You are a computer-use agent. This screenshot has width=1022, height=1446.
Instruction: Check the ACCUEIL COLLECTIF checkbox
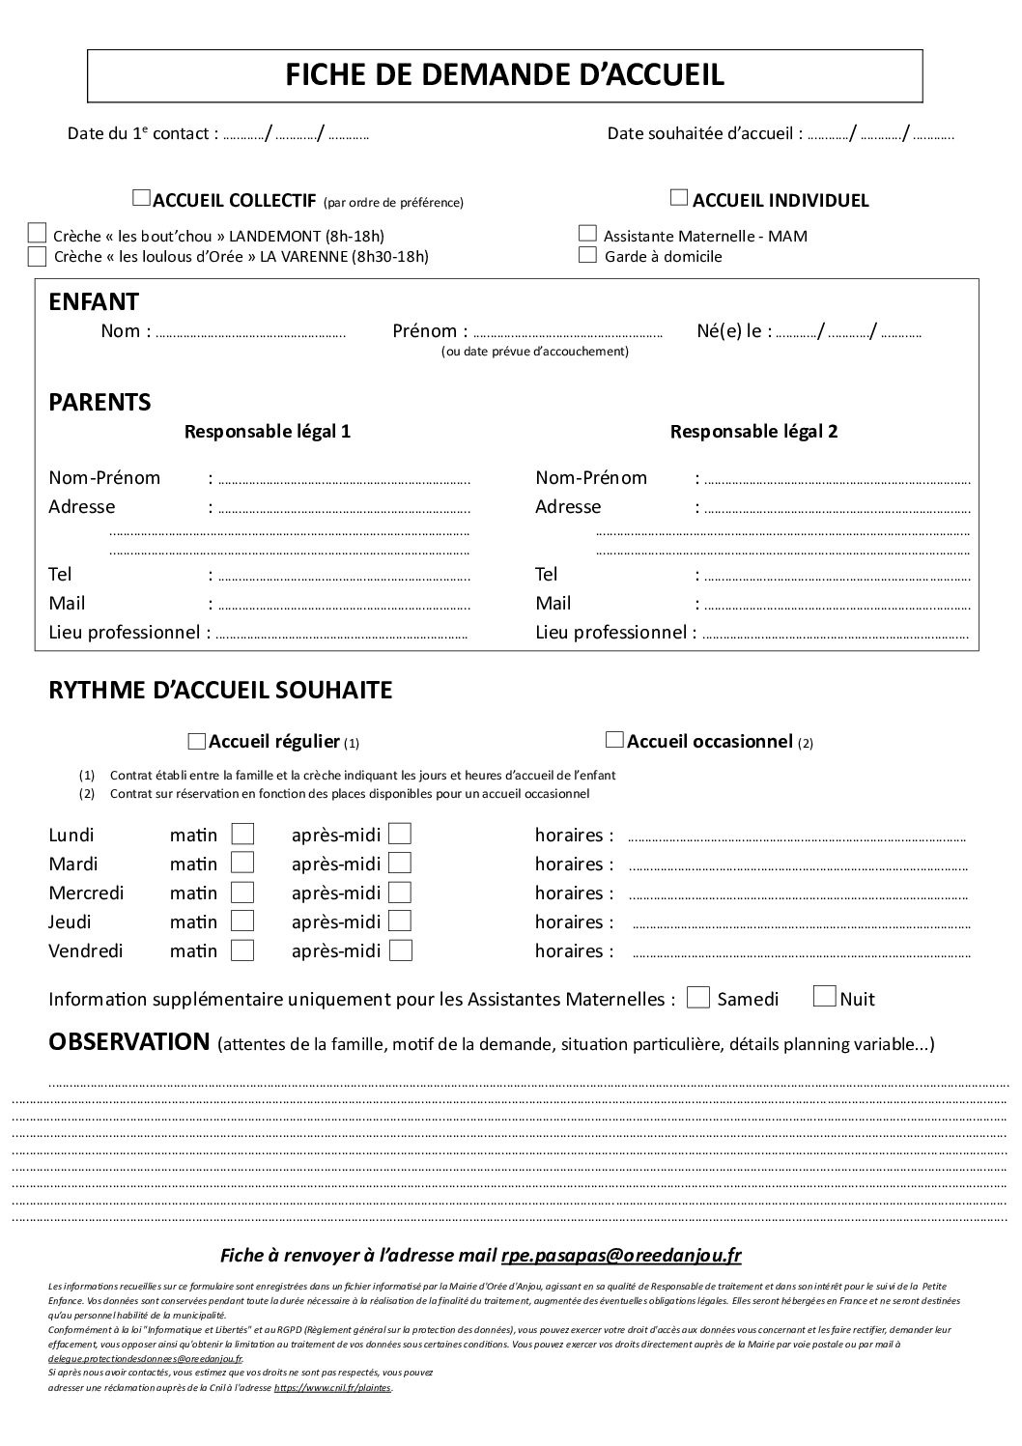pos(141,199)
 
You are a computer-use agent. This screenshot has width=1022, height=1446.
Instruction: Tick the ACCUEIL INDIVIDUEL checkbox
pos(679,198)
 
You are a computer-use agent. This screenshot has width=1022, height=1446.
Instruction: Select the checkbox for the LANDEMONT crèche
pos(38,233)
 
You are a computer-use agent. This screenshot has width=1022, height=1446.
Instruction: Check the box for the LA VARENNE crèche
pos(38,256)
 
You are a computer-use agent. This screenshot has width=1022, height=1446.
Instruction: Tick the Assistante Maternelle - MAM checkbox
pos(587,234)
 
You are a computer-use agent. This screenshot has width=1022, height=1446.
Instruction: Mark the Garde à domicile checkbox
pos(587,255)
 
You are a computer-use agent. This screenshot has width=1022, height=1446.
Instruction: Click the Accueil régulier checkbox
pos(197,741)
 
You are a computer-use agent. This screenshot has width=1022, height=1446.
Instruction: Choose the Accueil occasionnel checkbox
pos(613,740)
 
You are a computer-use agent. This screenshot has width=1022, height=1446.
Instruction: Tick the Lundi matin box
pos(242,834)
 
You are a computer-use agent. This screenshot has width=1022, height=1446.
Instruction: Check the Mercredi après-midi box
pos(400,893)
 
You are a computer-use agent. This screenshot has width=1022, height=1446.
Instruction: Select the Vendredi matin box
pos(242,950)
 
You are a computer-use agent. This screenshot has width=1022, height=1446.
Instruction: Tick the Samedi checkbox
pos(698,998)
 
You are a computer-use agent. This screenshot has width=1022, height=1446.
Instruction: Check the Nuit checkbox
pos(825,997)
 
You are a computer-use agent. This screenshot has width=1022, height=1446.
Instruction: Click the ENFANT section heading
pos(94,302)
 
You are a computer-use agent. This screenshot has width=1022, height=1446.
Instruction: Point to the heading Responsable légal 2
pos(753,432)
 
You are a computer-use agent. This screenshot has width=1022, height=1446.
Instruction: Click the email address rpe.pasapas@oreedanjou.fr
pos(621,1256)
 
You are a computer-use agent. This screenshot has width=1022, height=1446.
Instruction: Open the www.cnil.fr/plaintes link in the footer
pos(333,1388)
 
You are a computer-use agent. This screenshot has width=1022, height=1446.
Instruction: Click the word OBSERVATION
pos(128,1042)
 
